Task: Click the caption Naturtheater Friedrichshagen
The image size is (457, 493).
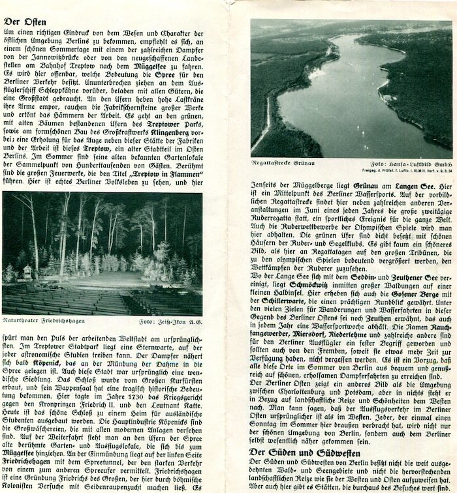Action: coord(44,321)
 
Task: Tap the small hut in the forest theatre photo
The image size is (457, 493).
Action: coord(27,272)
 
